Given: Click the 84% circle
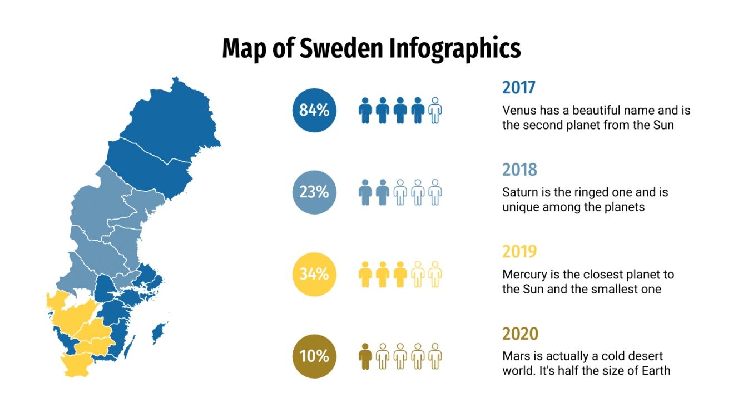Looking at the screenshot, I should pos(314,110).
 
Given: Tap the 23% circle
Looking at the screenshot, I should pos(314,192).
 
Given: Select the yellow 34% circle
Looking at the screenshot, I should pos(314,274).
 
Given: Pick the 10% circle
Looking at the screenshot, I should pos(314,356).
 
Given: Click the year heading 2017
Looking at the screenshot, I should pos(518,87).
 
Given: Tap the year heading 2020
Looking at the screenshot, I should pos(521,334).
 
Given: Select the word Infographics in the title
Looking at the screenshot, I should pos(455,48).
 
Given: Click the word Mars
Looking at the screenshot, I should pos(515,356).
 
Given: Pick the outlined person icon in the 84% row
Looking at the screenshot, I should pos(435,110).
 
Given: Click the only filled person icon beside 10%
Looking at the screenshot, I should pos(365,356).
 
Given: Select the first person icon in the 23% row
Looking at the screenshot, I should pos(365,192).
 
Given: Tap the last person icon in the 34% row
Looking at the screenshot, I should pos(435,274).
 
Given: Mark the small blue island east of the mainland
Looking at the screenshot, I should pos(160,332).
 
